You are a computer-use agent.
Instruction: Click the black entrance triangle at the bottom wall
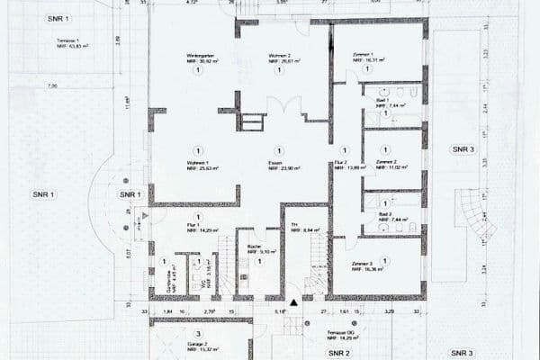pos(292,303)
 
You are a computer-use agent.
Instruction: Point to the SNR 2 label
pos(339,352)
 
